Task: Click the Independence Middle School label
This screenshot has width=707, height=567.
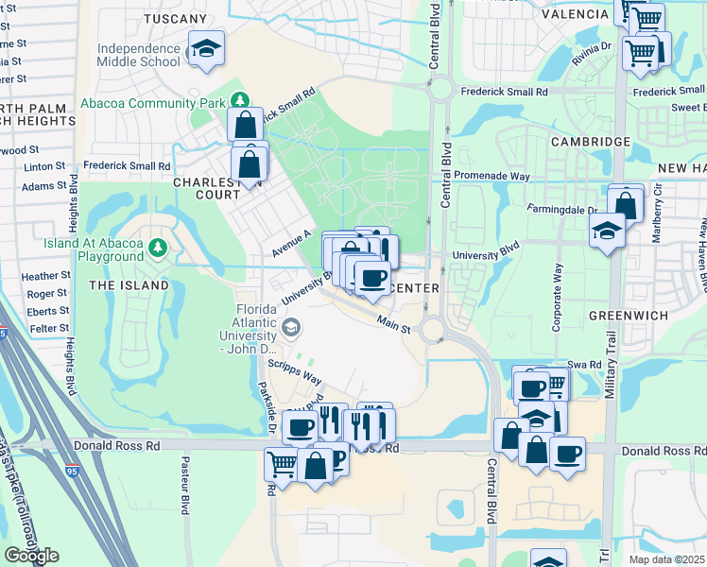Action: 138,55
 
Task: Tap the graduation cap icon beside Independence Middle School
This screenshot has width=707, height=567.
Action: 205,48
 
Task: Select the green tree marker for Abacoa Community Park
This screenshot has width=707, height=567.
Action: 241,101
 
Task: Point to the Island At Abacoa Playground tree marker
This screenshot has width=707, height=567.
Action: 158,249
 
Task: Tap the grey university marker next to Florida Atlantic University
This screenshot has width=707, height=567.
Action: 291,329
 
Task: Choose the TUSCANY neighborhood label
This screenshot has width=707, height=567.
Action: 175,18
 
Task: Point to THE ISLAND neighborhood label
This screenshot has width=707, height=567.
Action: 129,284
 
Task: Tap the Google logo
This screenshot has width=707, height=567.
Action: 31,556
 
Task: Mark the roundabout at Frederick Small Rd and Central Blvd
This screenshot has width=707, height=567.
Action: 440,91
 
